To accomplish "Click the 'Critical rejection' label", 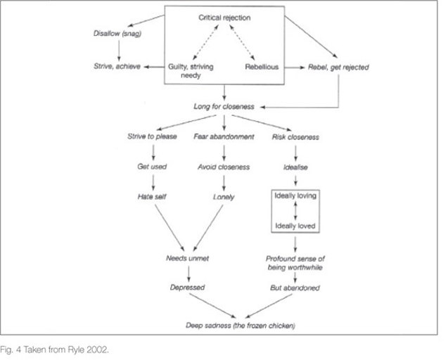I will pos(224,16).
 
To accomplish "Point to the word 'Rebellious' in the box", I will pos(262,67).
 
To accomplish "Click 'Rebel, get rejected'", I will pos(338,67).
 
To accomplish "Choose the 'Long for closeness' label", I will pos(224,107).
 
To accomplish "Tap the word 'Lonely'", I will pos(223,198).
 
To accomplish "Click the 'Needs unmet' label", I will pos(187,258).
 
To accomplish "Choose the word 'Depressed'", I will pos(187,288).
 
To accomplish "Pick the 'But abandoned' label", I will pos(295,288).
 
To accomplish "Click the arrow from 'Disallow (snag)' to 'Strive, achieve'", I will pos(118,50).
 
